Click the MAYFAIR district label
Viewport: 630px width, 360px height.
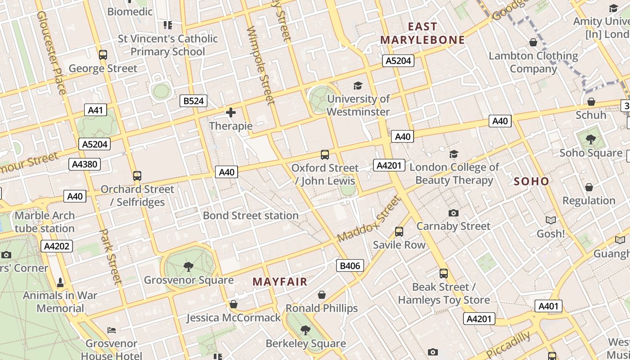(x=279, y=282)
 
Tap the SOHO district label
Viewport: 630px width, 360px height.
(x=531, y=181)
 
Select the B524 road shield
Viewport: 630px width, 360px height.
(x=193, y=101)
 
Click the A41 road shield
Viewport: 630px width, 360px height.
(x=95, y=110)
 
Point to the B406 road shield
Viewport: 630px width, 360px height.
(x=350, y=265)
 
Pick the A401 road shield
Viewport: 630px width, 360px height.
(x=549, y=306)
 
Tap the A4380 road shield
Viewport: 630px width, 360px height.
(x=85, y=164)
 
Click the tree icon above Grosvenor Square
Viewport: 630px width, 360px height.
(x=189, y=267)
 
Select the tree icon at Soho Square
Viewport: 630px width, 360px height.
(x=591, y=139)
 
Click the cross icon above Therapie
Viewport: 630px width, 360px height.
(x=231, y=112)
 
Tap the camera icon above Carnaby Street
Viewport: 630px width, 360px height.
(x=454, y=213)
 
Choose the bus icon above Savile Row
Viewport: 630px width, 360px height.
(x=399, y=232)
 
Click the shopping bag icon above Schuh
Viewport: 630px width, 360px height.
(x=591, y=102)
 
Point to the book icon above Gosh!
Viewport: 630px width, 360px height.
(x=550, y=220)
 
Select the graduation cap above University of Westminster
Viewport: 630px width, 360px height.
(x=358, y=85)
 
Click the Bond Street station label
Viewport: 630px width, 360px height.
(x=251, y=216)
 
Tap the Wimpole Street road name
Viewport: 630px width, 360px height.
(x=261, y=65)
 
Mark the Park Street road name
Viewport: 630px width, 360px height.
(x=111, y=256)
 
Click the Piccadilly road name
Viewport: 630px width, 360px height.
(x=508, y=345)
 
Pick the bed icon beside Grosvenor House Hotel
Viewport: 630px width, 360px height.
(x=112, y=330)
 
